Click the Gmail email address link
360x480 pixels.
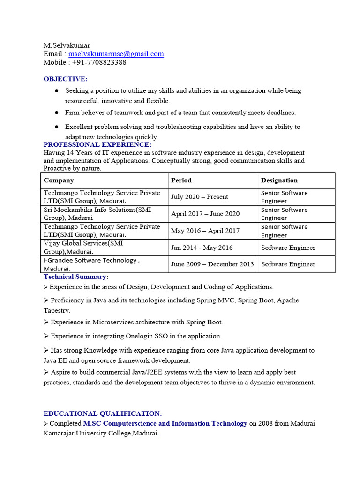pyautogui.click(x=116, y=54)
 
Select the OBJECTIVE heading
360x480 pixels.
pyautogui.click(x=66, y=79)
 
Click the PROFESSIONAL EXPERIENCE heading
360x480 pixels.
pyautogui.click(x=97, y=144)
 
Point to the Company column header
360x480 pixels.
pyautogui.click(x=59, y=180)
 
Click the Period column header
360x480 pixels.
pyautogui.click(x=181, y=180)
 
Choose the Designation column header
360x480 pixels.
pyautogui.click(x=279, y=180)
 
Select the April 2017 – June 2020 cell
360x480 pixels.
pyautogui.click(x=205, y=214)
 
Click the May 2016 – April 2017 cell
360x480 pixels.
pyautogui.click(x=205, y=231)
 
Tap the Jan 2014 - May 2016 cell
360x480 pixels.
pyautogui.click(x=202, y=247)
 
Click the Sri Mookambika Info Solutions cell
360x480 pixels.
pyautogui.click(x=97, y=214)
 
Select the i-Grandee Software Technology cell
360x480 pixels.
pyautogui.click(x=91, y=264)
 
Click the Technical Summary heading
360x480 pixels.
pyautogui.click(x=76, y=277)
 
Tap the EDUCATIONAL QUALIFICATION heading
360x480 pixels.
pyautogui.click(x=103, y=413)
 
